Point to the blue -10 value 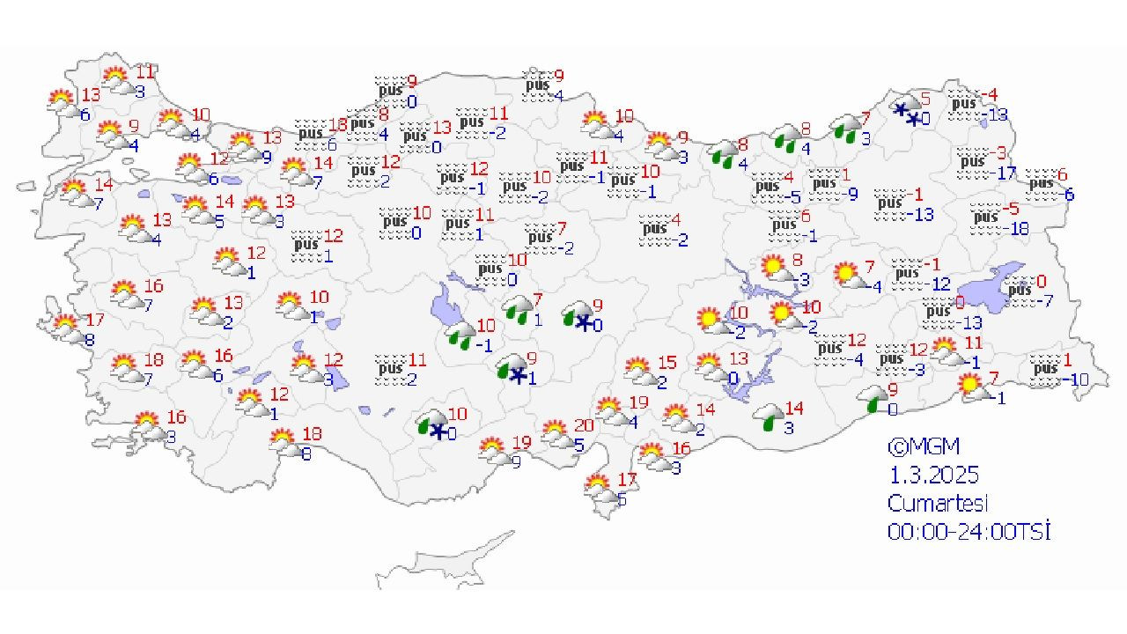(x=1075, y=380)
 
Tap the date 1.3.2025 (x=933, y=475)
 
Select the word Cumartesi (x=938, y=504)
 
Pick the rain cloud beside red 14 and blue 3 (x=769, y=417)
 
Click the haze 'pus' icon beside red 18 (x=311, y=133)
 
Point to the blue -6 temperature (x=1069, y=195)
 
